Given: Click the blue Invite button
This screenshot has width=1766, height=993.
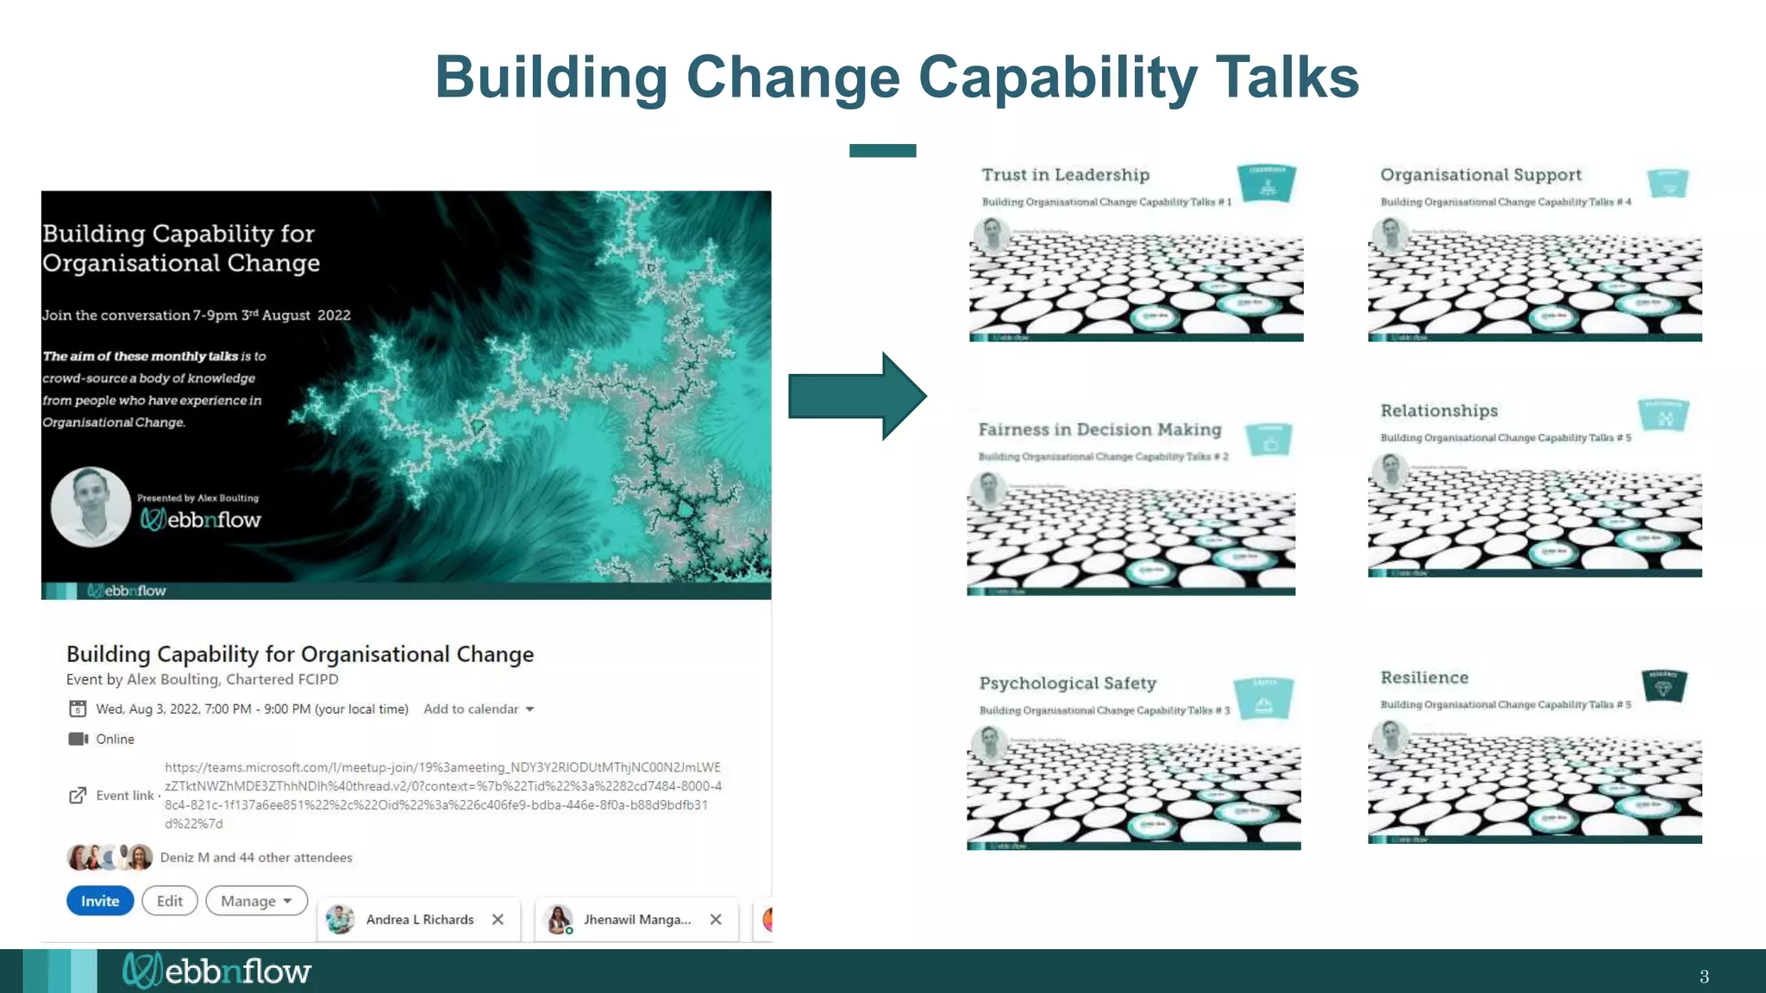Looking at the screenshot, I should point(100,901).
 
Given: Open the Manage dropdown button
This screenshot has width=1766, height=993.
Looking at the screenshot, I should point(256,901).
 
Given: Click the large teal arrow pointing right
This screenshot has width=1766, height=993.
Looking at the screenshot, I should point(857,397).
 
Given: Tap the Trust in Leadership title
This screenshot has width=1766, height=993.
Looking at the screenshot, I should point(1065,175).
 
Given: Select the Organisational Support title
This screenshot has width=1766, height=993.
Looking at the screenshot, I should point(1481,175).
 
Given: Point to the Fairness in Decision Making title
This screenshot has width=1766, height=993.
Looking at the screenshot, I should point(1099,429).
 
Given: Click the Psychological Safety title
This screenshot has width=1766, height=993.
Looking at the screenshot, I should point(1068,684).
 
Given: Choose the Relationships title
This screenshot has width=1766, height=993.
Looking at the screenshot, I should point(1438,411).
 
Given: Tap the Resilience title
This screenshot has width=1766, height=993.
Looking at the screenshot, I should point(1424,678).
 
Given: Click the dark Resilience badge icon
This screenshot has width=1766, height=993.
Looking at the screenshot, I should point(1664,686).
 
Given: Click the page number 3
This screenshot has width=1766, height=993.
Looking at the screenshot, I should point(1704,977).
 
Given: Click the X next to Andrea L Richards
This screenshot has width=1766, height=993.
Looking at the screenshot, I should point(498,920).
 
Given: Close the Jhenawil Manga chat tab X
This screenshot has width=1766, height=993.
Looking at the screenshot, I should point(716,920).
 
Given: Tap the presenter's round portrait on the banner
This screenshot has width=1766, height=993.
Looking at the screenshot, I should point(91,507).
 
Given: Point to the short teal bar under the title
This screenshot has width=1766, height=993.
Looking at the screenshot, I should point(882,151).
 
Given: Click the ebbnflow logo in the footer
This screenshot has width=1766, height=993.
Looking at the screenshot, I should point(217,971).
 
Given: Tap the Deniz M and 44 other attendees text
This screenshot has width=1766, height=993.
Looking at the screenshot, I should point(256,858).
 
